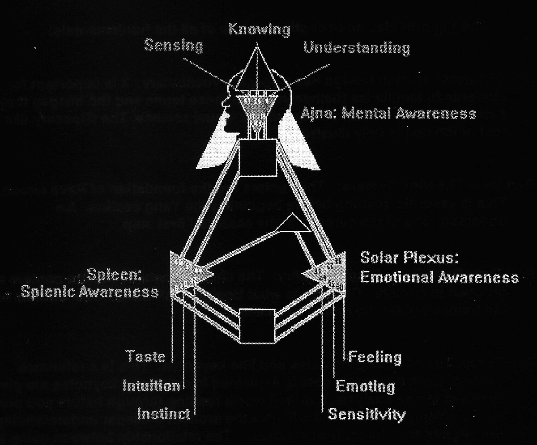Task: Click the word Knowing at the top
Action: pyautogui.click(x=259, y=30)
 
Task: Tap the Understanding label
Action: pyautogui.click(x=357, y=47)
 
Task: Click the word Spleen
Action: pyautogui.click(x=115, y=275)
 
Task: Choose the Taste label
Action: pyautogui.click(x=146, y=356)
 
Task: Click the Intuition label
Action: pyautogui.click(x=152, y=385)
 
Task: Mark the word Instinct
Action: pyautogui.click(x=164, y=414)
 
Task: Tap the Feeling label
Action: pyautogui.click(x=375, y=357)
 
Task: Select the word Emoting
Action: pyautogui.click(x=365, y=386)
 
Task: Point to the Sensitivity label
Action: pyautogui.click(x=367, y=414)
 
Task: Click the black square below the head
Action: pyautogui.click(x=257, y=157)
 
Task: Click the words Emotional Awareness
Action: pyautogui.click(x=439, y=278)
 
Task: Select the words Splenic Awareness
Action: pyautogui.click(x=89, y=292)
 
